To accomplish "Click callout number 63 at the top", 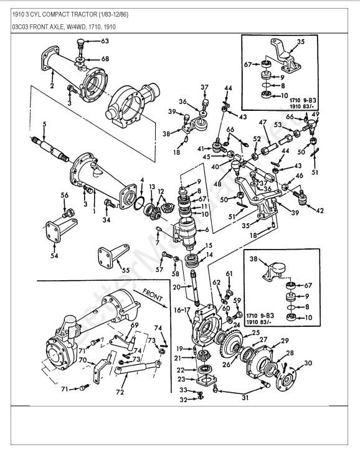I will pos(104,41).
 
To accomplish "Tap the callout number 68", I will pos(105,59).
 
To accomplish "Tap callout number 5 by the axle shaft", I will pos(44,123).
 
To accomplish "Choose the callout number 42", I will pos(320,211).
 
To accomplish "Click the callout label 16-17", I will pos(187,309).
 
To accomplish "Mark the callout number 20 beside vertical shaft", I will pos(178,287).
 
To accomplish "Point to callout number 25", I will pos(256,333).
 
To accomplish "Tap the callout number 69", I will pos(134,325).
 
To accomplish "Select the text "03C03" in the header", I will pos(23,28).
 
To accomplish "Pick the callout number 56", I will pos(64,195).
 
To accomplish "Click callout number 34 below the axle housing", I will pos(107,219).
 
